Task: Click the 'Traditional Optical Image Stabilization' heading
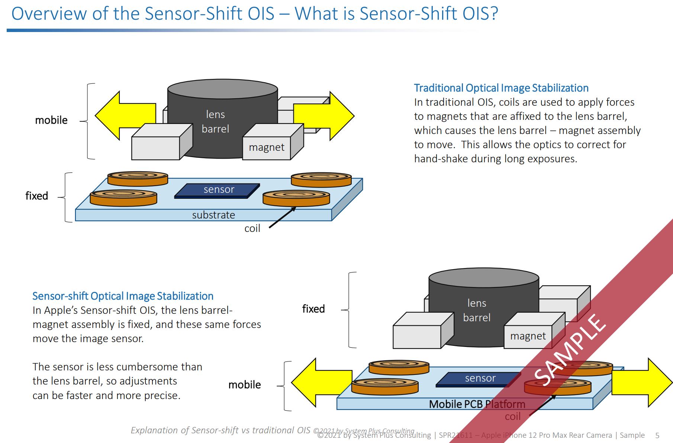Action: click(501, 88)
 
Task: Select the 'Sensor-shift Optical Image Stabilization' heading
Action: click(123, 296)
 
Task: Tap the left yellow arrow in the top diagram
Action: click(123, 115)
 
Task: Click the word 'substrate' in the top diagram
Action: click(213, 215)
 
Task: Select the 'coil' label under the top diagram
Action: click(252, 229)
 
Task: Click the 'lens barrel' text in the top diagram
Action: click(215, 122)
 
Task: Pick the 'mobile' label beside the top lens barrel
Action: click(51, 120)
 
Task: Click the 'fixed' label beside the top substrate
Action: click(36, 196)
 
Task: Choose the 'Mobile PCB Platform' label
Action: click(477, 404)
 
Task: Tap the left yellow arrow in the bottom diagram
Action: click(320, 382)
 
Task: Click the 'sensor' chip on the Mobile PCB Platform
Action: click(480, 379)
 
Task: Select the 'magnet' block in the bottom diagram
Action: click(528, 337)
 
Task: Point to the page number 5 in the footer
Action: click(657, 435)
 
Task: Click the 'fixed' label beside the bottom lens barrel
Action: click(313, 309)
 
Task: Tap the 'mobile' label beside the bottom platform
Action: click(245, 385)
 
